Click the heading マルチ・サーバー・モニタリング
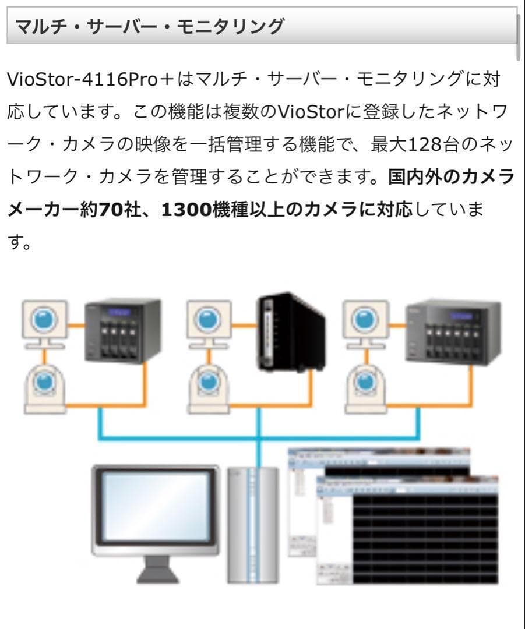pyautogui.click(x=149, y=26)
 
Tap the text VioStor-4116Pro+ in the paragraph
pyautogui.click(x=82, y=80)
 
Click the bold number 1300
pyautogui.click(x=192, y=209)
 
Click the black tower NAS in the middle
pyautogui.click(x=291, y=332)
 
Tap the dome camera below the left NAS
pyautogui.click(x=45, y=387)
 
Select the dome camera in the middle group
pyautogui.click(x=206, y=387)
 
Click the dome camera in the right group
pyautogui.click(x=366, y=387)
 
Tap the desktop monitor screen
pyautogui.click(x=156, y=507)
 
